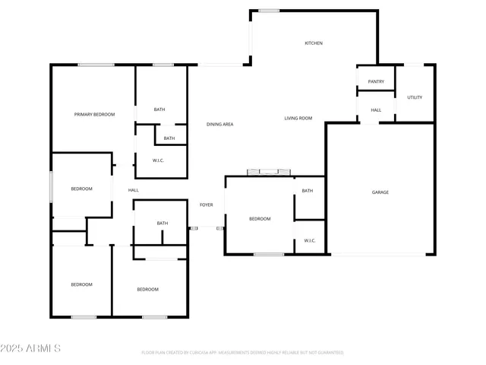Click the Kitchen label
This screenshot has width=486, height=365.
pos(314,43)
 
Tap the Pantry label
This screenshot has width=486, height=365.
pos(375,81)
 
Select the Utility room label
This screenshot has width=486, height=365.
pos(415,97)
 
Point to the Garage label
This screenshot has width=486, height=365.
pos(380,192)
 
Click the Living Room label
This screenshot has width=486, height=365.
pos(298,119)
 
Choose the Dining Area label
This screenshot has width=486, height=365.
pos(220,124)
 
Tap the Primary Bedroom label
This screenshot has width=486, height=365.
pos(94,114)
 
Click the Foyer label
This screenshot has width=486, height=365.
pos(206,205)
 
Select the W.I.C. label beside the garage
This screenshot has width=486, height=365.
pos(310,241)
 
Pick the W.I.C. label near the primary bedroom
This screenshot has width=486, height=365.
pos(159,160)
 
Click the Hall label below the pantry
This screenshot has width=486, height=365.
pos(376,110)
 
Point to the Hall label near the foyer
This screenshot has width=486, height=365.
pos(133,190)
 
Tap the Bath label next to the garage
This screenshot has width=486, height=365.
pos(308,191)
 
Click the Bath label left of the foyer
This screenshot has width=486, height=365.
pos(163,224)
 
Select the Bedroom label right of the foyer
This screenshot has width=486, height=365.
pos(260,219)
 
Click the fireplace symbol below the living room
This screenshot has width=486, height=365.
pos(270,172)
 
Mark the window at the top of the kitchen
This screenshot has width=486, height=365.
pos(269,11)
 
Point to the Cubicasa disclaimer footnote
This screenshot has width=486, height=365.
pos(242,353)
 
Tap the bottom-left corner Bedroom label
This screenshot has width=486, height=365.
pos(81,284)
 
